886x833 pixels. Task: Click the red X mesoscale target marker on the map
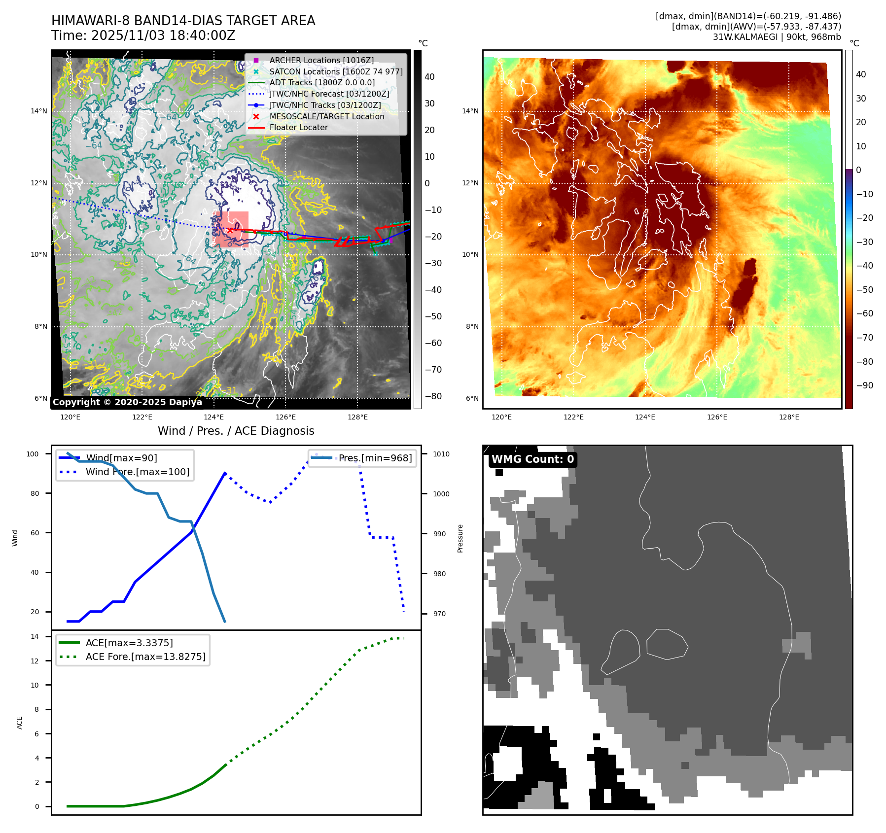tap(230, 230)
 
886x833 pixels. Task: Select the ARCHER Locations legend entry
tap(321, 60)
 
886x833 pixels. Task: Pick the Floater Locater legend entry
tap(298, 127)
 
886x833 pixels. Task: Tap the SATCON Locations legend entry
tap(335, 71)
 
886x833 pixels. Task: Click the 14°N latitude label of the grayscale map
tap(39, 111)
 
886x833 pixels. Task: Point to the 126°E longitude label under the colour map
tap(717, 417)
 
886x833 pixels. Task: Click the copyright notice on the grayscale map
tap(127, 402)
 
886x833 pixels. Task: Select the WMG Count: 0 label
tap(532, 459)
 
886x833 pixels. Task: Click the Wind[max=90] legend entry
tap(121, 458)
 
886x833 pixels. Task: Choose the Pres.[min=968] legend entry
tap(375, 458)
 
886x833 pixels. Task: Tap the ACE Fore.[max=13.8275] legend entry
tap(145, 657)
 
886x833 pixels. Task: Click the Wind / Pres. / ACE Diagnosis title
tap(236, 431)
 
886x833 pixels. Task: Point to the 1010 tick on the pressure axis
tap(441, 454)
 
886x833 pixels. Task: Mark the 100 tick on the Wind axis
tap(33, 454)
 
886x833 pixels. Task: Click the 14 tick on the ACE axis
tap(35, 636)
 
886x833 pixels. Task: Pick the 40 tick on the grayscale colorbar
tap(429, 77)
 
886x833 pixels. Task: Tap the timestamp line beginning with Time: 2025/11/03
tap(143, 35)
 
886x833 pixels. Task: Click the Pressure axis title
tap(460, 538)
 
